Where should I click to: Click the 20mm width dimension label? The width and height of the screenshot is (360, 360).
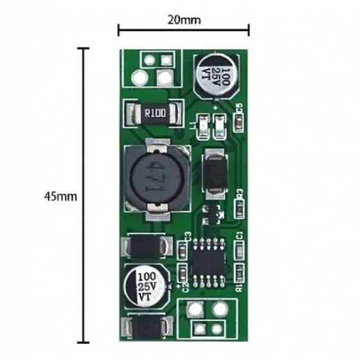pyautogui.click(x=184, y=20)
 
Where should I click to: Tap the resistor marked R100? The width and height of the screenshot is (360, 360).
pyautogui.click(x=154, y=114)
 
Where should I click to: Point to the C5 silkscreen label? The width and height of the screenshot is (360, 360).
pyautogui.click(x=239, y=109)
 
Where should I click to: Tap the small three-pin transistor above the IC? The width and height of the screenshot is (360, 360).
pyautogui.click(x=212, y=213)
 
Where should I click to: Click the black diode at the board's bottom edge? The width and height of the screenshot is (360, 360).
pyautogui.click(x=147, y=327)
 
